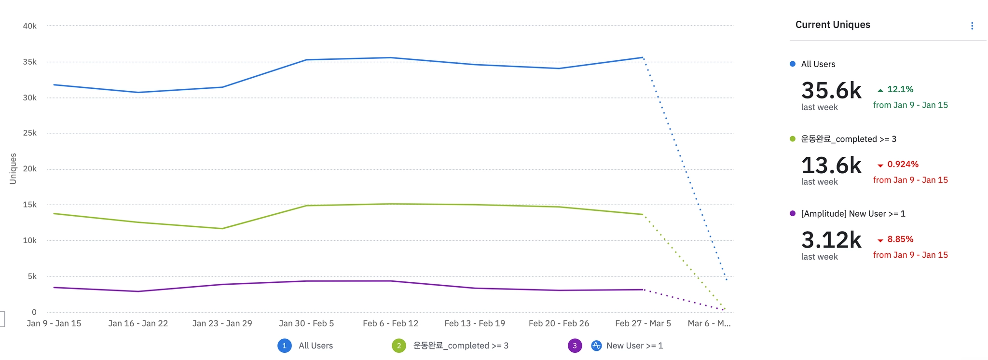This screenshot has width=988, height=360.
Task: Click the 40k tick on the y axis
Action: (29, 26)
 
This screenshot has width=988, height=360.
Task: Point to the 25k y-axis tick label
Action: (29, 133)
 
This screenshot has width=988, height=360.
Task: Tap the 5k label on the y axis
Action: (32, 277)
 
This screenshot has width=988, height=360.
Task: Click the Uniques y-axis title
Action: (13, 168)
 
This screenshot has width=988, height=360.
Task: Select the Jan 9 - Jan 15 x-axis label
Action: (54, 323)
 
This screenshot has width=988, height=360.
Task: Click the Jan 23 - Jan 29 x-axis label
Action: (222, 323)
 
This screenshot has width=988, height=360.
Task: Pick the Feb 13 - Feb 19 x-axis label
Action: (475, 323)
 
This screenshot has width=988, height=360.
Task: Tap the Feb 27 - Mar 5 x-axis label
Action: (643, 323)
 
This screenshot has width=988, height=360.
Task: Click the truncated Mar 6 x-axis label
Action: (709, 323)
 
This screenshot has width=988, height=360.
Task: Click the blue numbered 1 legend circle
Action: (284, 346)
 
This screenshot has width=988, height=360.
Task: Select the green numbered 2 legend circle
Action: (399, 346)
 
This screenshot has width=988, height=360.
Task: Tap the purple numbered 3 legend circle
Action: (575, 346)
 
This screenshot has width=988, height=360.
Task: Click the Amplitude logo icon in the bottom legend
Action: (596, 346)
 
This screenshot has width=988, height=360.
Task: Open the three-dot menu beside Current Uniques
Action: (972, 26)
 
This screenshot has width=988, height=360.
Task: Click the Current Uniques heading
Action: (833, 25)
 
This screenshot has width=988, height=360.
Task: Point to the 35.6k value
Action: (831, 91)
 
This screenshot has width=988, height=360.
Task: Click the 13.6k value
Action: (831, 166)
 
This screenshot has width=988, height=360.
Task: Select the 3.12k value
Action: (831, 240)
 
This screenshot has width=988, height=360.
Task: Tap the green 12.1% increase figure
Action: (900, 89)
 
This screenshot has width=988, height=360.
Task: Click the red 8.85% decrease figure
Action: (900, 239)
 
